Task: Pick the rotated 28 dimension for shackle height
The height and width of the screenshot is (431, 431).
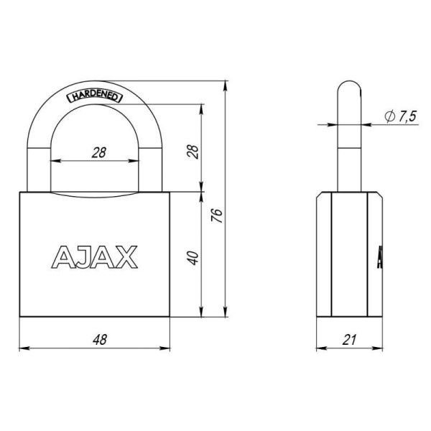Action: tap(192, 151)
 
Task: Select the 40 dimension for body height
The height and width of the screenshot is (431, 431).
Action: tap(192, 256)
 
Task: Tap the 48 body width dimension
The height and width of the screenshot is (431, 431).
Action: tap(93, 340)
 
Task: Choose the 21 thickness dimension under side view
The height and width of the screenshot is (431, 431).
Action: tap(349, 340)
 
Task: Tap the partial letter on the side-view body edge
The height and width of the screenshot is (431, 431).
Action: tap(379, 257)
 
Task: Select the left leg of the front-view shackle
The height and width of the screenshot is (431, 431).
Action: tap(40, 158)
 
